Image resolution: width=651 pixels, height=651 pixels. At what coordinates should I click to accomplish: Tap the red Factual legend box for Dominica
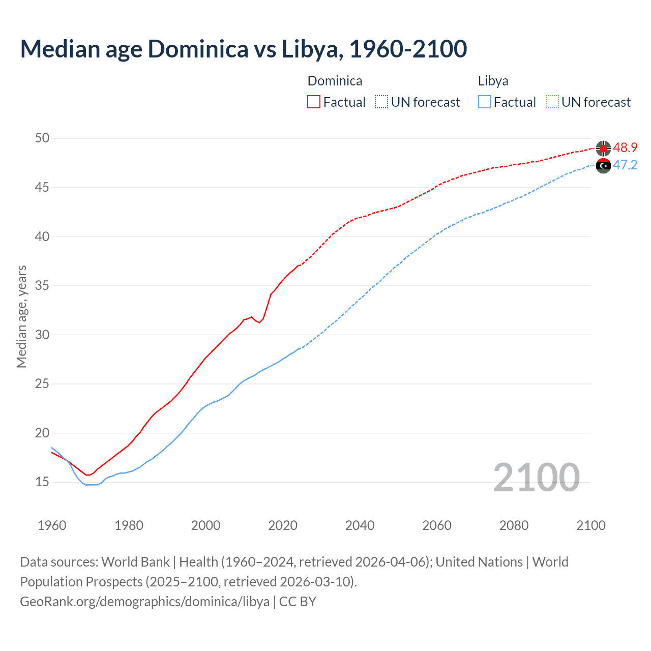[314, 102]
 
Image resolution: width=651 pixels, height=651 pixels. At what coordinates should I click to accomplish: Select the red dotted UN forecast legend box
[381, 102]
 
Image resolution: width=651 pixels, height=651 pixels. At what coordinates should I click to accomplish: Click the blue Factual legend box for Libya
[484, 102]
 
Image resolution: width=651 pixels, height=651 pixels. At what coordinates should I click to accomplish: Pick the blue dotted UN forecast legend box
[552, 102]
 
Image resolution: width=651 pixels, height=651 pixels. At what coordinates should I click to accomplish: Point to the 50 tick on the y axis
[42, 138]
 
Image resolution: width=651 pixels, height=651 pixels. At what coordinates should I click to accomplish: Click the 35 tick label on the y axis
[42, 286]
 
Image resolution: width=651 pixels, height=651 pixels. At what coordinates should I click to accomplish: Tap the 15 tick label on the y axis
[42, 482]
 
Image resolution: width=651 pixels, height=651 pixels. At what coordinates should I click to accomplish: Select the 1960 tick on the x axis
[52, 525]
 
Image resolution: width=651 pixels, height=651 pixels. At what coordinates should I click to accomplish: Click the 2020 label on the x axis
[283, 525]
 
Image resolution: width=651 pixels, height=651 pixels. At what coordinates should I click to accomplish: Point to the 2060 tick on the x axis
[437, 525]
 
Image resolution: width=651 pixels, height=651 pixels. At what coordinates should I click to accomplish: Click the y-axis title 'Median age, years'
[21, 316]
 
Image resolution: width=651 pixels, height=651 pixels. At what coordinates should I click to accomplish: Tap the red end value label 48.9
[625, 148]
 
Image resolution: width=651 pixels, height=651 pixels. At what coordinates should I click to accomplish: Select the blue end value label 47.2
[625, 165]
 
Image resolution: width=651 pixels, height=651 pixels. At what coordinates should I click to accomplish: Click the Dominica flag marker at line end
[603, 148]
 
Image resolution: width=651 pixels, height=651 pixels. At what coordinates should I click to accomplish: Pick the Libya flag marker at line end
[603, 166]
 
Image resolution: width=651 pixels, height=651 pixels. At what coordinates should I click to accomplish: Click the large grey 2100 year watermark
[536, 478]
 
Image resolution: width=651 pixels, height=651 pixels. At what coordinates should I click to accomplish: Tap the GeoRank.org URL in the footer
[144, 602]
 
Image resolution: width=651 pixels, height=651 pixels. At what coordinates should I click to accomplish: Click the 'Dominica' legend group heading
[335, 81]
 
